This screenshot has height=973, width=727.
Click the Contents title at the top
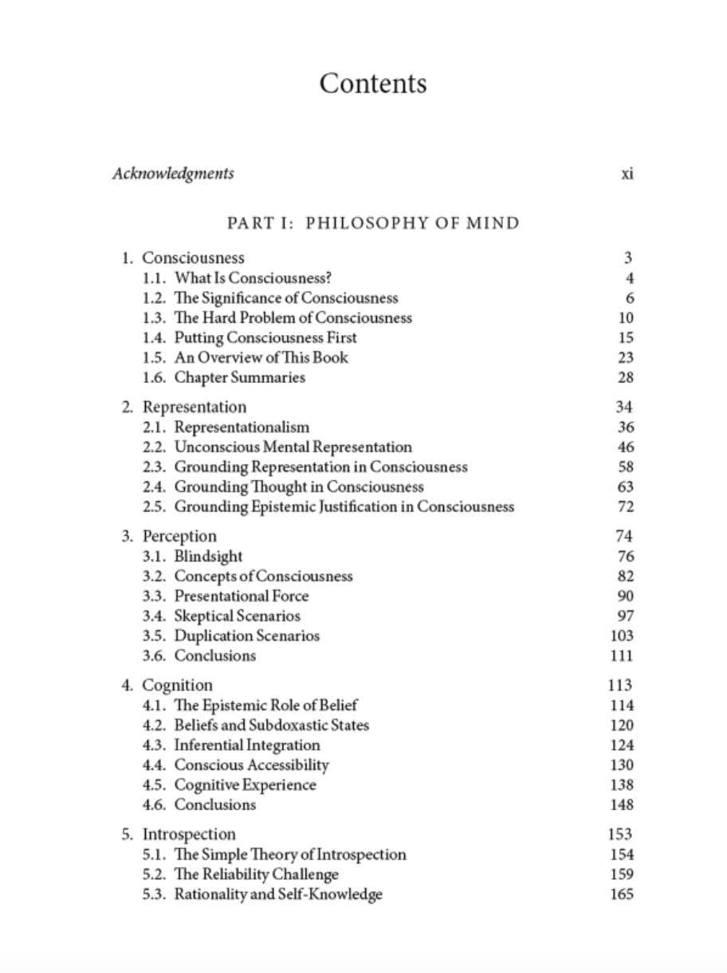click(x=373, y=84)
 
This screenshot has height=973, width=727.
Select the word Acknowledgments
click(x=173, y=174)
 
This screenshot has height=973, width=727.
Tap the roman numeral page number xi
click(x=627, y=174)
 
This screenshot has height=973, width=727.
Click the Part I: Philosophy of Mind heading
click(x=373, y=223)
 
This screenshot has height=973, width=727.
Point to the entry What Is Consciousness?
click(x=253, y=278)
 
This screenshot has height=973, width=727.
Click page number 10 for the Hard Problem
click(x=625, y=318)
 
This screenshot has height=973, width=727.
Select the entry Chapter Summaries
click(x=240, y=378)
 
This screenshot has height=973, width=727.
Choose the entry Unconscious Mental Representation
click(x=293, y=447)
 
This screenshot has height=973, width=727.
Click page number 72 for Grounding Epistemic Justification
click(x=625, y=507)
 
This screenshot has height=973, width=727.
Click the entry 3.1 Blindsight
click(x=208, y=557)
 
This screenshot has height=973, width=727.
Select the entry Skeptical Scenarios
click(x=238, y=616)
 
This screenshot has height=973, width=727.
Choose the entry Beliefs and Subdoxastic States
click(x=272, y=726)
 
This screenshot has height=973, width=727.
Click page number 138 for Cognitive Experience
click(x=621, y=786)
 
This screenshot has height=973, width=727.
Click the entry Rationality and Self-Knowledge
click(x=278, y=895)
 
